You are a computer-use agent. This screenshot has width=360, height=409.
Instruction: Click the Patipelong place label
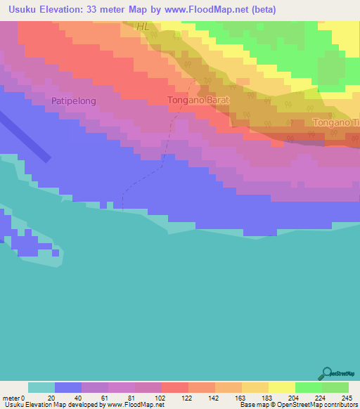73,101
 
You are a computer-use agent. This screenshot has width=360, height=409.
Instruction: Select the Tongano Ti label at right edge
335,122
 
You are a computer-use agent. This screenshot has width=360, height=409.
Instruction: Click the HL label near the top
143,27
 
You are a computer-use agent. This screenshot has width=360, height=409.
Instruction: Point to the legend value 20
51,397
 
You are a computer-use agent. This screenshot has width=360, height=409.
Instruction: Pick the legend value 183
268,397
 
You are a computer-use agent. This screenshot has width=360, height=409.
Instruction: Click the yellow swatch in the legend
281,387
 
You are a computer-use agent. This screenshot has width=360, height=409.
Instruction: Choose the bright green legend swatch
308,387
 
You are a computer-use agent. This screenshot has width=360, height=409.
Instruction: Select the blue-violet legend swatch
68,387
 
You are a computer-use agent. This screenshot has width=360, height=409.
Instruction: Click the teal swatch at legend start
41,387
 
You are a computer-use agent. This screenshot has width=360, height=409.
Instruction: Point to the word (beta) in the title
262,10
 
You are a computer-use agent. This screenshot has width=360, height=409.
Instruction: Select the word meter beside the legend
12,397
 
